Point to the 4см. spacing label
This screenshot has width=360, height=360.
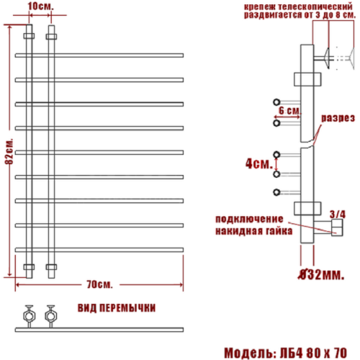coord(258,164)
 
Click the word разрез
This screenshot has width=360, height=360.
coord(338,117)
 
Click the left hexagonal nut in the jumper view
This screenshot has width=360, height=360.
coord(30,314)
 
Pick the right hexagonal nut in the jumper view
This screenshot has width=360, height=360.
coord(50,314)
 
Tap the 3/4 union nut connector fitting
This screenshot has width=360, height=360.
coord(336,229)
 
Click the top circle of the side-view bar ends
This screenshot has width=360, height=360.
coord(276,102)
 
